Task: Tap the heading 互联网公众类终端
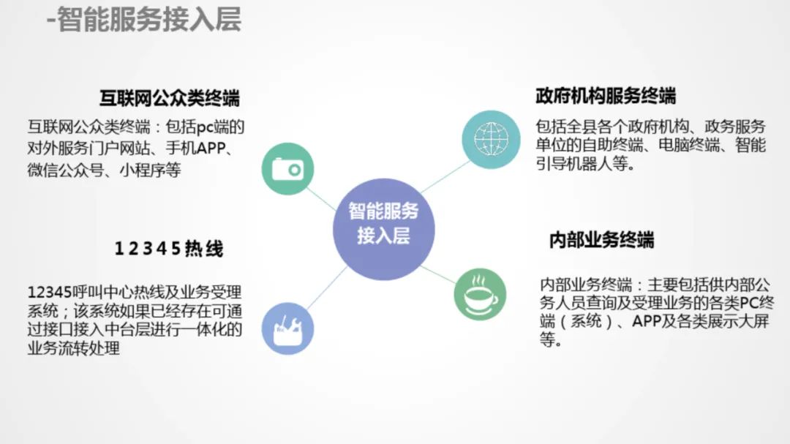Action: pos(170,97)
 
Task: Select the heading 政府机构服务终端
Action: pos(606,95)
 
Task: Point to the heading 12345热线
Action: pos(168,249)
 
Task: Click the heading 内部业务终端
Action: pos(601,240)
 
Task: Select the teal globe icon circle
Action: pos(490,137)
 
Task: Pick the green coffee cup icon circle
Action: pos(480,294)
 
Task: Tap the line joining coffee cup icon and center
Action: pos(438,274)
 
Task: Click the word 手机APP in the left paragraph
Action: pos(204,149)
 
